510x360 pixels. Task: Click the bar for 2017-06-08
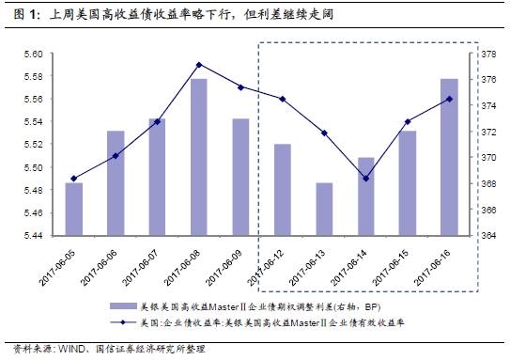click(199, 157)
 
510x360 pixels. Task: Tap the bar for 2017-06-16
click(449, 157)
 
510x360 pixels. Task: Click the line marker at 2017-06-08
click(199, 64)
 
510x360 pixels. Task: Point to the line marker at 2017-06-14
click(365, 178)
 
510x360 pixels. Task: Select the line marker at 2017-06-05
click(74, 178)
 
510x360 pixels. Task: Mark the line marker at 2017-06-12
click(282, 99)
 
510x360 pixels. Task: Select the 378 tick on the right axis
click(487, 55)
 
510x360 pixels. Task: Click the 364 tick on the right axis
click(487, 235)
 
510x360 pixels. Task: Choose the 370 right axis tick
click(487, 158)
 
